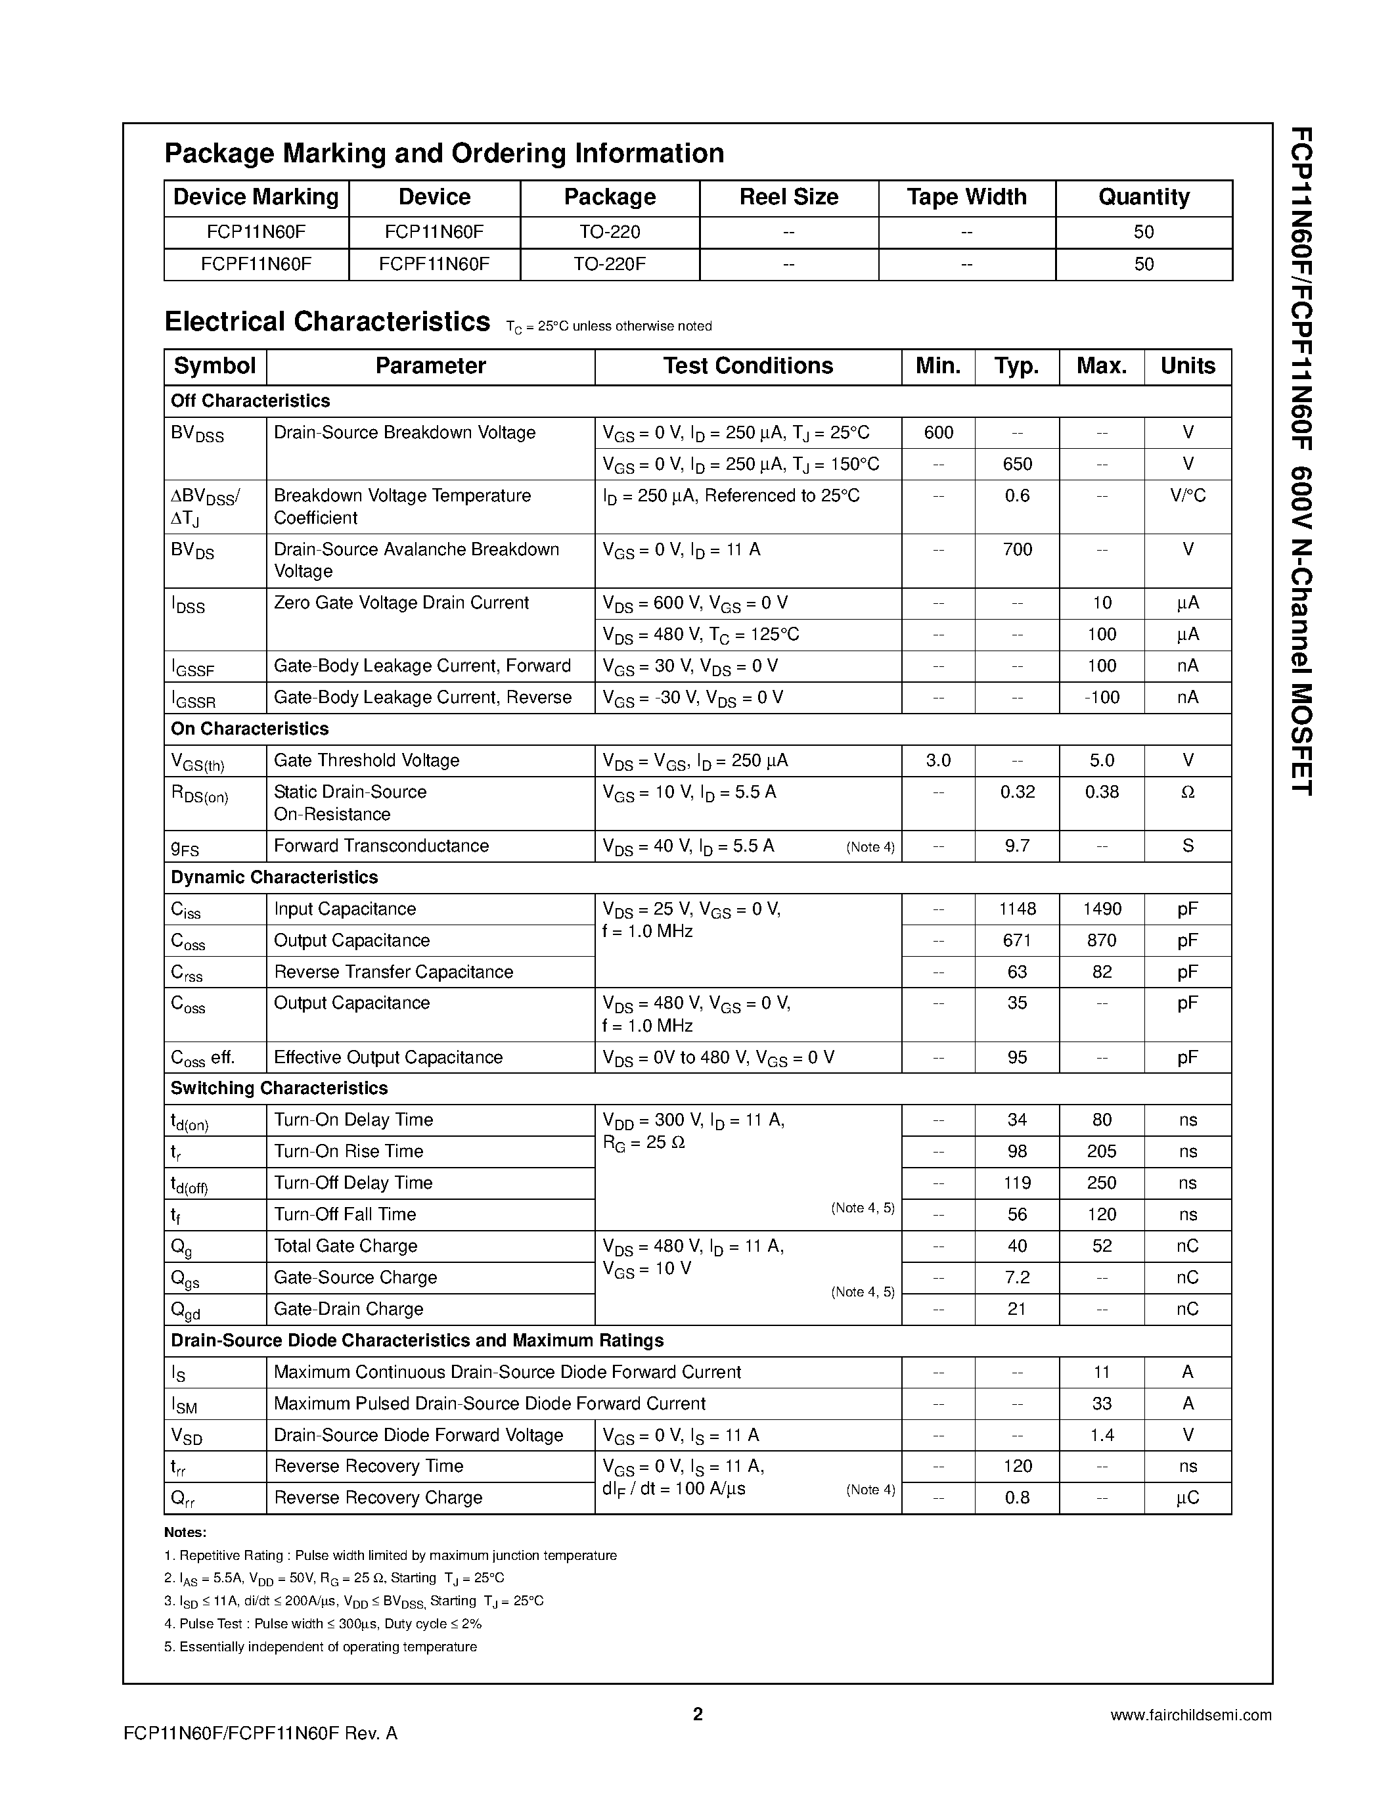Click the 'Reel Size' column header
coord(788,197)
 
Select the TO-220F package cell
coord(610,264)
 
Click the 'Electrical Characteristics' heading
coord(328,321)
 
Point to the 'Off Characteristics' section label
coord(250,400)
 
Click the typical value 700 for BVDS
coord(1016,549)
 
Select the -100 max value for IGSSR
coord(1102,697)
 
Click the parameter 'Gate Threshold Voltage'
coord(367,760)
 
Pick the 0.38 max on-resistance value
coord(1102,792)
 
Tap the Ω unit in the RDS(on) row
coord(1188,792)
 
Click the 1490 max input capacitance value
coord(1102,909)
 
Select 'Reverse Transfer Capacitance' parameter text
coord(393,971)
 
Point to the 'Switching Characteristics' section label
coord(279,1088)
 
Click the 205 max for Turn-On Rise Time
coord(1102,1151)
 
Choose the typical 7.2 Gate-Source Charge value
coord(1016,1277)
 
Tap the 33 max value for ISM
coord(1102,1404)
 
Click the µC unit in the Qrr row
coord(1188,1498)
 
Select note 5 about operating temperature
coord(321,1647)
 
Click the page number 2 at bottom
coord(697,1714)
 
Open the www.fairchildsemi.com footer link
coord(1190,1715)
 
